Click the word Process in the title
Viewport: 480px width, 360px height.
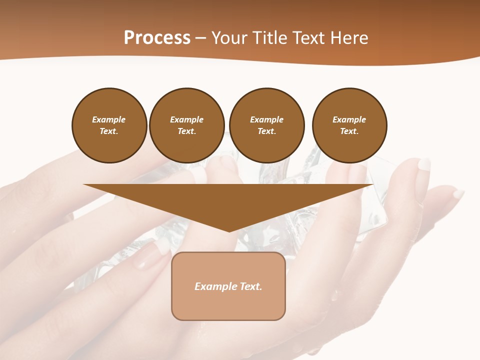coord(157,38)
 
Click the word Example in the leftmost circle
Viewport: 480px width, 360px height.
coord(109,119)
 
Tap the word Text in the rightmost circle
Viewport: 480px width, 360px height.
coord(349,131)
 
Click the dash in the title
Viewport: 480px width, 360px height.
coord(200,38)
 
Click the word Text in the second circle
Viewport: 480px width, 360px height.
coord(186,131)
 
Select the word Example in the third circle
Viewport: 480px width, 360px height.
coord(266,119)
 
